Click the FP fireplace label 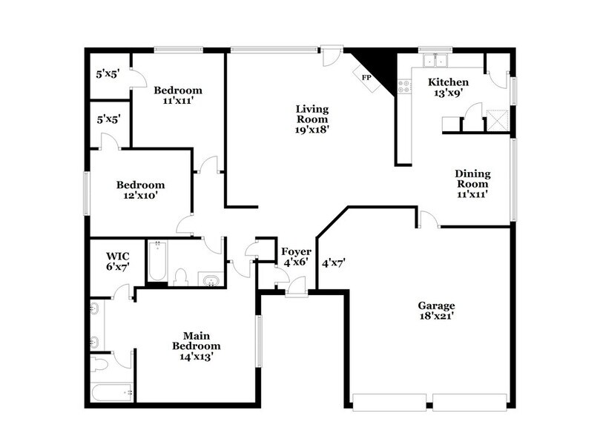point(366,77)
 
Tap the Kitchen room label point(448,82)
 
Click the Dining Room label point(472,179)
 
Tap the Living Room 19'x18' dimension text point(311,128)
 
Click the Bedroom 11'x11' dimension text point(178,102)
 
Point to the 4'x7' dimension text point(334,262)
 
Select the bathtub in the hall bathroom point(157,261)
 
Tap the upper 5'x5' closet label point(108,74)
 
